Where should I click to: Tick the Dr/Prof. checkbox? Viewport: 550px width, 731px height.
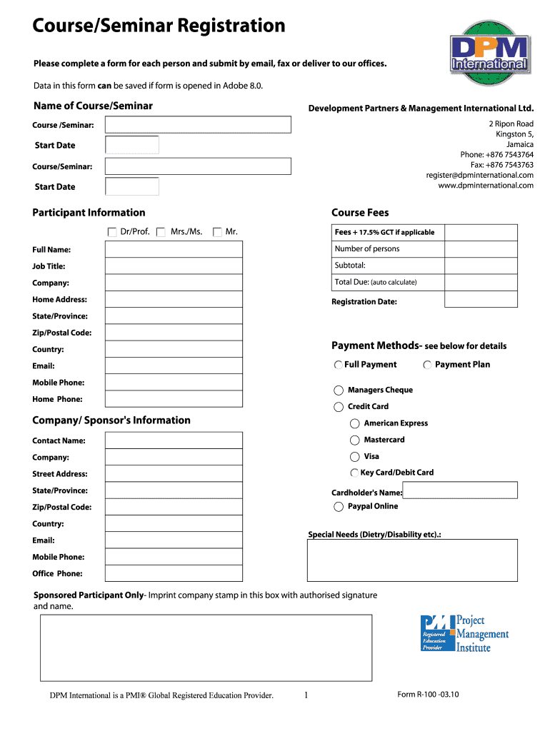coord(112,232)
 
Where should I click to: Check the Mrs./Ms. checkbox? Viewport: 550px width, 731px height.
coord(161,232)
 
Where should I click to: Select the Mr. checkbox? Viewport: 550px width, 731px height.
coord(217,232)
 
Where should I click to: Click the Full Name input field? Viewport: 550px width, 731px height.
coord(174,249)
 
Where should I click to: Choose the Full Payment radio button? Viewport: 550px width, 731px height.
coord(338,365)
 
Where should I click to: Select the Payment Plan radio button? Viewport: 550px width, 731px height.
coord(427,365)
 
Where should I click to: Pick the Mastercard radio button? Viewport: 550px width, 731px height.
coord(355,440)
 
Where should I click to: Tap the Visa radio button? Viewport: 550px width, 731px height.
coord(355,456)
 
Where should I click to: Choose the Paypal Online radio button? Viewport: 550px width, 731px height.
coord(339,507)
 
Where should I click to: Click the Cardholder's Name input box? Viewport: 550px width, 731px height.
coord(460,490)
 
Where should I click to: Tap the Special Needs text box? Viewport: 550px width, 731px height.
coord(412,560)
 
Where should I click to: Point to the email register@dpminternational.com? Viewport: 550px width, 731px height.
coord(480,175)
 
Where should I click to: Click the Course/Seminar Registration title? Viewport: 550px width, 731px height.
coord(159,26)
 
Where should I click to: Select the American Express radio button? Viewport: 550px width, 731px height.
coord(355,423)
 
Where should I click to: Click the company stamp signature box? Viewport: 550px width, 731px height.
coord(206,647)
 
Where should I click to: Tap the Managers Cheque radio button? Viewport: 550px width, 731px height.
coord(339,390)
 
